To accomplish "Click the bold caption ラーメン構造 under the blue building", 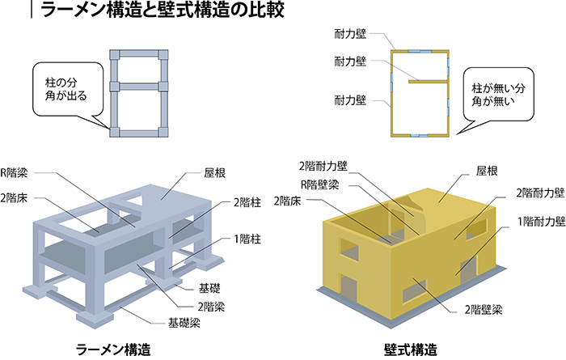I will pos(113,349).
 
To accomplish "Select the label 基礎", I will pos(209,288).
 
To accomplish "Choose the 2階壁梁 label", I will pos(483,310).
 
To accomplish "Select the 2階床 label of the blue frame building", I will pos(15,198).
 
